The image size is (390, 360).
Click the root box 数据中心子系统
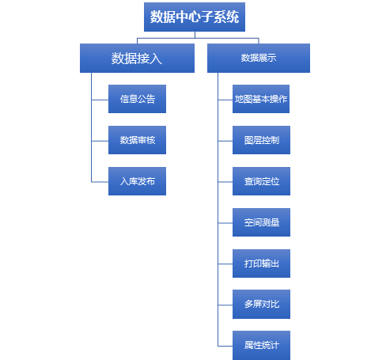pos(195,17)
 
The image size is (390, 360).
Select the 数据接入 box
pos(137,58)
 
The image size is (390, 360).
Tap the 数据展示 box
pos(259,58)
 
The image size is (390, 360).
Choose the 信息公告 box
pos(137,99)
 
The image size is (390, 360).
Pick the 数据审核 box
pos(137,140)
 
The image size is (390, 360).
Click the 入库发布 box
pos(137,181)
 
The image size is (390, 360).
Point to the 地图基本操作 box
pos(261,99)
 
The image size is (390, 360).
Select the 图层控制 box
pos(261,140)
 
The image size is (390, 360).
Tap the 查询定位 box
pos(261,181)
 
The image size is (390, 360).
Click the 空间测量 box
pos(261,222)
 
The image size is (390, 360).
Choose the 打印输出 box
pos(261,263)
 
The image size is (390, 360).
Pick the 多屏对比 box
pos(261,304)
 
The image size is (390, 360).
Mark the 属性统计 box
pos(261,345)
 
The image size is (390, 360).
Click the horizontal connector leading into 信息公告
pos(100,100)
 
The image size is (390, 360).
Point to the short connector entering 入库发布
pos(100,182)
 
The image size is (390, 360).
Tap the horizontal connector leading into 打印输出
pos(225,263)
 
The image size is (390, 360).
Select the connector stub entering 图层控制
pos(225,141)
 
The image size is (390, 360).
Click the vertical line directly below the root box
pos(195,35)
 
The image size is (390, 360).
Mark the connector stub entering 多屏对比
pos(225,305)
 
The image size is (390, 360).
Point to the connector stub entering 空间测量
pos(225,223)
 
